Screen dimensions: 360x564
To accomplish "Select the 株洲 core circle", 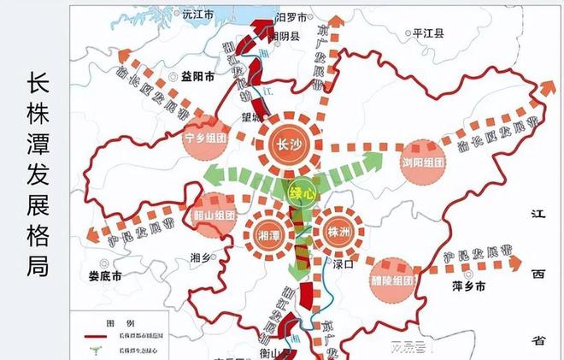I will (x=332, y=232).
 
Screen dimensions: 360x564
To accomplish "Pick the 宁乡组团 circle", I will (x=202, y=144).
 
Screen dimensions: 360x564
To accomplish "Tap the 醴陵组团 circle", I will (x=393, y=279).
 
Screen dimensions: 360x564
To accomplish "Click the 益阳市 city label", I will (x=197, y=76).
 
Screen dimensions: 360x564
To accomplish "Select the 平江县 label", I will (x=428, y=32).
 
